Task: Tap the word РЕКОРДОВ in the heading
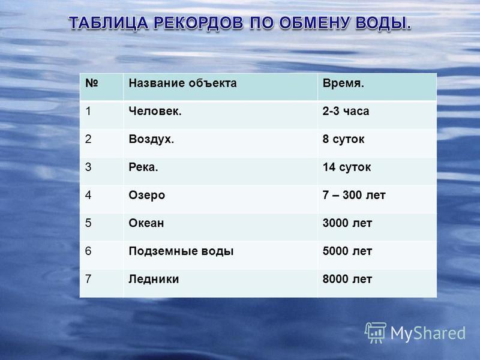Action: coord(199,23)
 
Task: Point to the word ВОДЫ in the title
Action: coord(383,23)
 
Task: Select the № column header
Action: coord(92,83)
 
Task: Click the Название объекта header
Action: coord(182,83)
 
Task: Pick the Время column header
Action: coord(343,83)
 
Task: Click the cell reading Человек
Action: coord(155,111)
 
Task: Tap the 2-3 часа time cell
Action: coord(346,111)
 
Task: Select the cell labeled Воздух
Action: coord(151,139)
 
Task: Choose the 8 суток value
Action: coord(343,139)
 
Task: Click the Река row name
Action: coord(143,167)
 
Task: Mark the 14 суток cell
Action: coord(347,167)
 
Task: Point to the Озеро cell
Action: coord(147,196)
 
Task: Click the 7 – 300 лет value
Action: coord(354,195)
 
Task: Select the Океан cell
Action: coord(146,223)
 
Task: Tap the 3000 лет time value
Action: coord(347,223)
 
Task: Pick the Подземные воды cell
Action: coord(181,251)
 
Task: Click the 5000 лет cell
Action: coord(347,251)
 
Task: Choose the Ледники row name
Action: coord(154,280)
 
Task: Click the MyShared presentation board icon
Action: coord(376,333)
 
